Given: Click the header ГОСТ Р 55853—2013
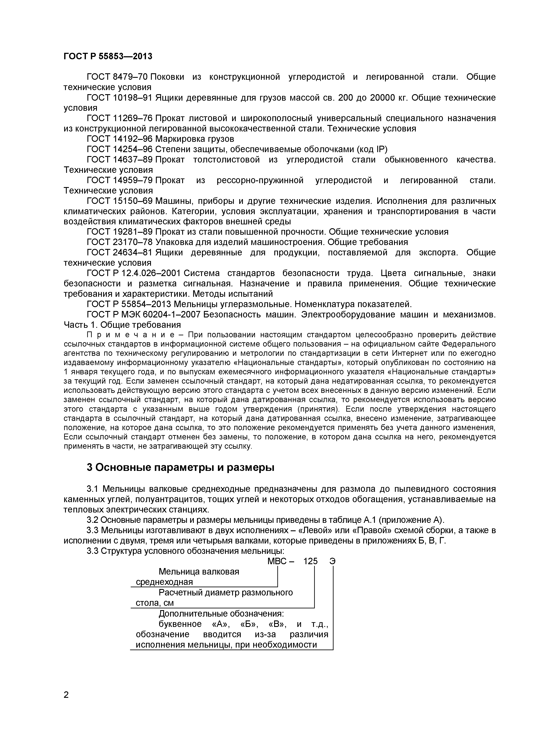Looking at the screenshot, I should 108,56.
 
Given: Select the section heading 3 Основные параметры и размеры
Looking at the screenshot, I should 180,467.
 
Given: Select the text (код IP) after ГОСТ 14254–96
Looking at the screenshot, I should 372,149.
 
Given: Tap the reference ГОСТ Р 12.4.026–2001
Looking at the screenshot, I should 133,273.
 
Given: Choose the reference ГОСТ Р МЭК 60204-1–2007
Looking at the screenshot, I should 143,314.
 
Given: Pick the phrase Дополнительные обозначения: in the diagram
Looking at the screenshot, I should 221,613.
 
